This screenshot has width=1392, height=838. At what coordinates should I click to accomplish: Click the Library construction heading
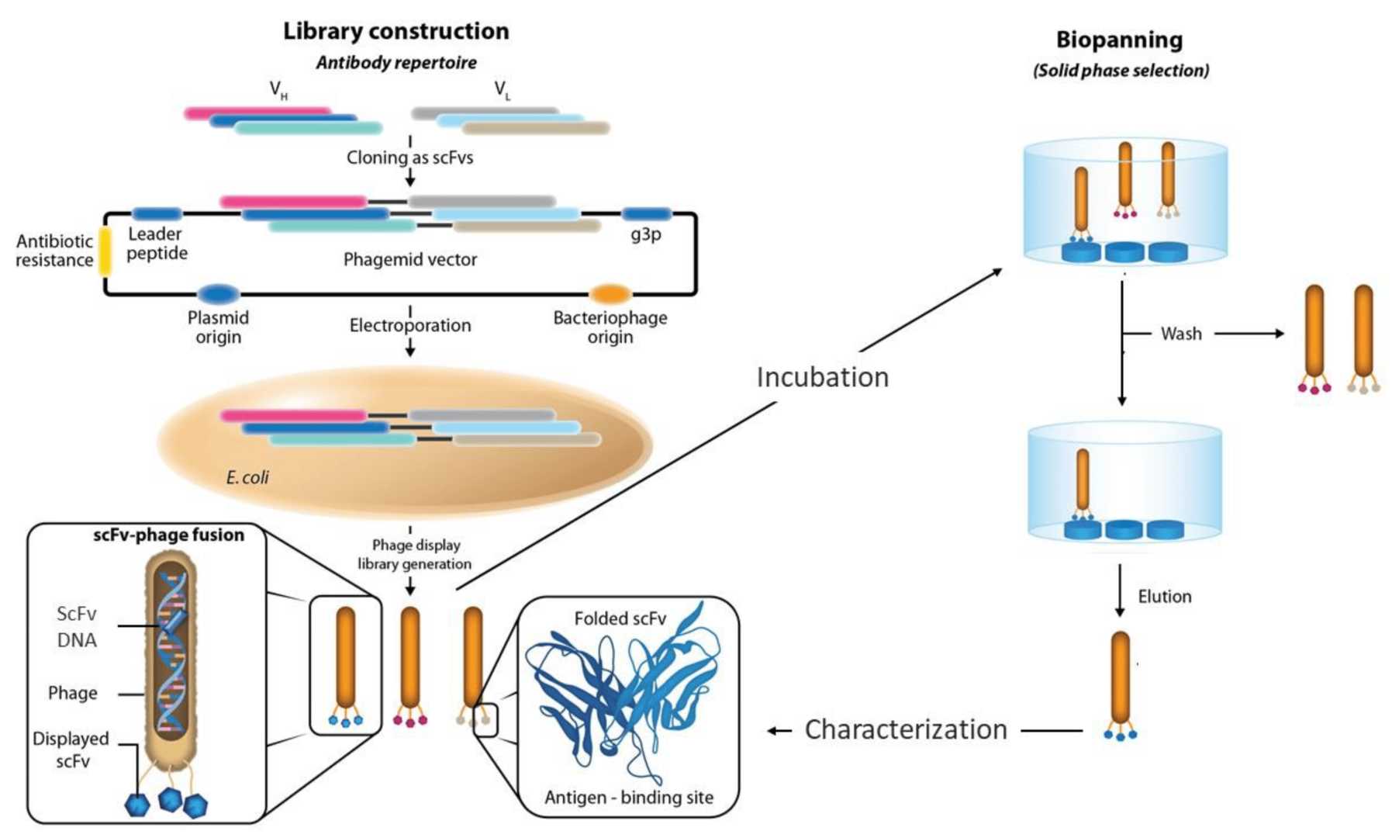[x=395, y=31]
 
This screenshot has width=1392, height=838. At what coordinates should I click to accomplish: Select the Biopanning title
[x=1119, y=40]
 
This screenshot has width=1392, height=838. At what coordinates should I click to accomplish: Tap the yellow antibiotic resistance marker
[x=104, y=251]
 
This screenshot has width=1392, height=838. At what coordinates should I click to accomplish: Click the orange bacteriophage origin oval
[x=610, y=294]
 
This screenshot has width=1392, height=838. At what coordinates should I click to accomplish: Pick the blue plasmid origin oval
[x=218, y=294]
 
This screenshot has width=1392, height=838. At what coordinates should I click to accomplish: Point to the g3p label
[x=645, y=234]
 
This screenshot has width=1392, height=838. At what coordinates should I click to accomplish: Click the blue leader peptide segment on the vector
[x=157, y=214]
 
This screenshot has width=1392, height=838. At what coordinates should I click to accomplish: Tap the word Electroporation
[x=409, y=325]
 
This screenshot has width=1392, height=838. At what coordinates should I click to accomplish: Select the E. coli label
[x=247, y=477]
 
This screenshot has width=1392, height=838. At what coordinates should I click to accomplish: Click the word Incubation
[x=822, y=377]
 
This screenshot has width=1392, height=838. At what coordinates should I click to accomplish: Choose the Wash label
[x=1180, y=334]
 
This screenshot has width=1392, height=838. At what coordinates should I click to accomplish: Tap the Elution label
[x=1164, y=597]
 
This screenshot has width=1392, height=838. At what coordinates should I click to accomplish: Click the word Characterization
[x=905, y=730]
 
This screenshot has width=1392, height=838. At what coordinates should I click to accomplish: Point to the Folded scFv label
[x=620, y=618]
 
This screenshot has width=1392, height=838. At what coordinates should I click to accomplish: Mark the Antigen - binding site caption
[x=628, y=798]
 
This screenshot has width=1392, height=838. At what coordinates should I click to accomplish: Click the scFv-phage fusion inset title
[x=168, y=535]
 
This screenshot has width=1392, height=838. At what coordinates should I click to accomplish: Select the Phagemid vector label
[x=409, y=259]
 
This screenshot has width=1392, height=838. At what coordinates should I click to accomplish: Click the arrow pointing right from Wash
[x=1249, y=334]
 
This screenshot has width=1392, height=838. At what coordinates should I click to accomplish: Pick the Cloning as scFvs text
[x=409, y=158]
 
